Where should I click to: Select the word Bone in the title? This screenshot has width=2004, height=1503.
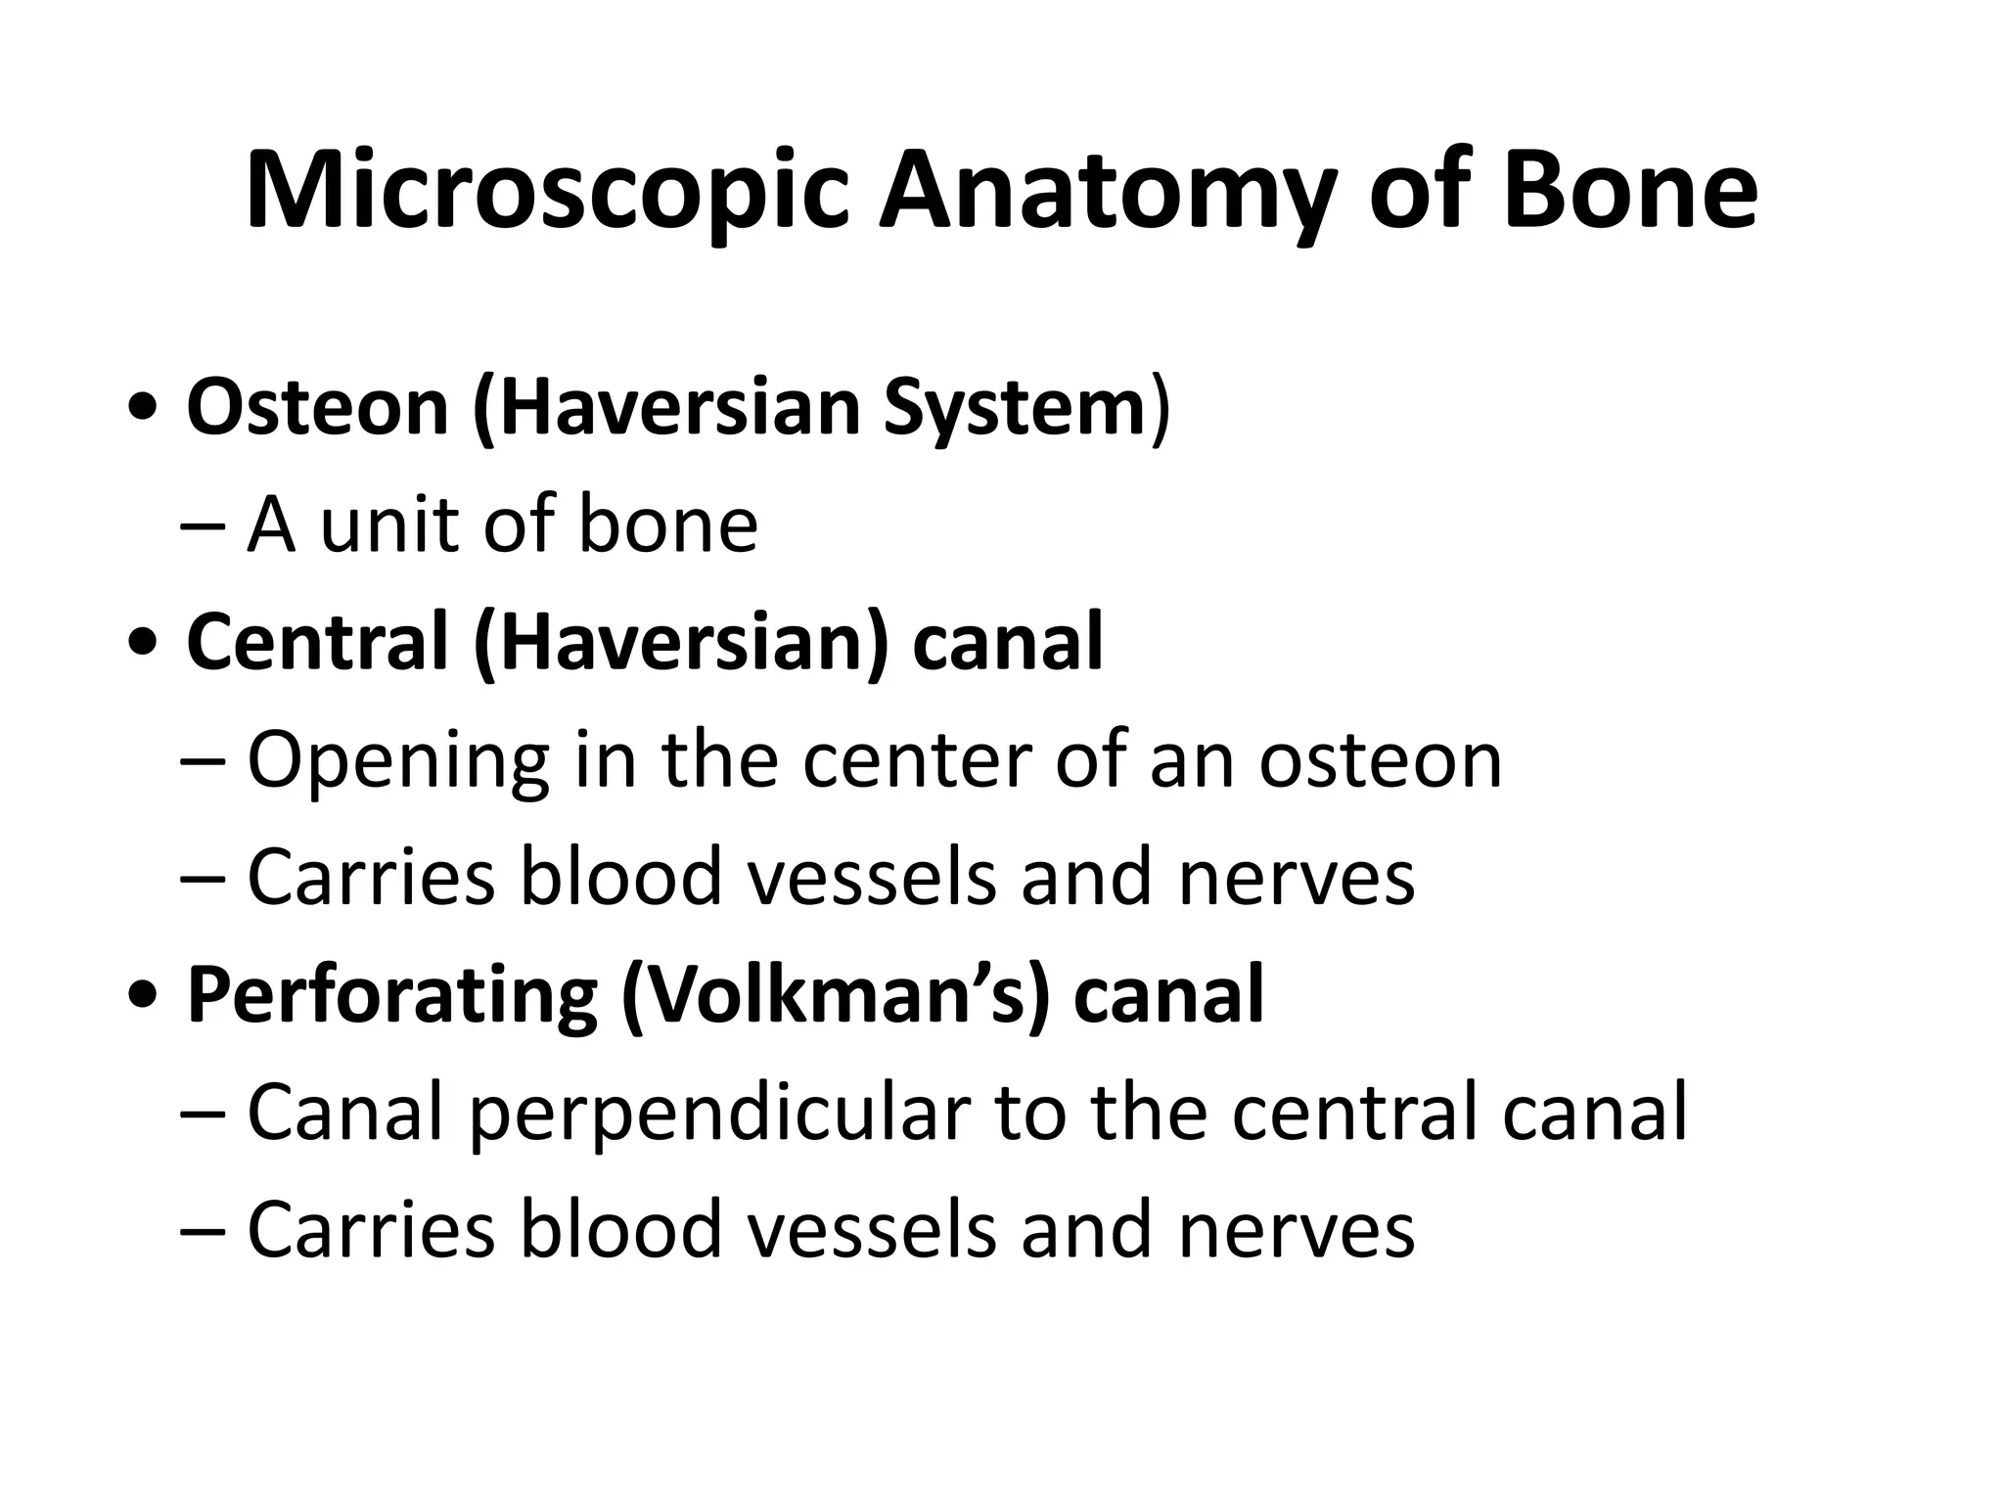pyautogui.click(x=1629, y=191)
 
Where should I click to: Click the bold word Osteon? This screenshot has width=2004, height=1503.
pyautogui.click(x=317, y=407)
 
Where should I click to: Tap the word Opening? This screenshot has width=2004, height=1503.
pyautogui.click(x=397, y=761)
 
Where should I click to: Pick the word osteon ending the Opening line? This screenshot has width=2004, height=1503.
pyautogui.click(x=1380, y=761)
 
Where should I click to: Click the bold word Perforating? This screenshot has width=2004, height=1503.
pyautogui.click(x=391, y=995)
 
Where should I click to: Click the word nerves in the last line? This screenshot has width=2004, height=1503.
pyautogui.click(x=1297, y=1230)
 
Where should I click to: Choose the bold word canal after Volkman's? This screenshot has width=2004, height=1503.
pyautogui.click(x=1168, y=995)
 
